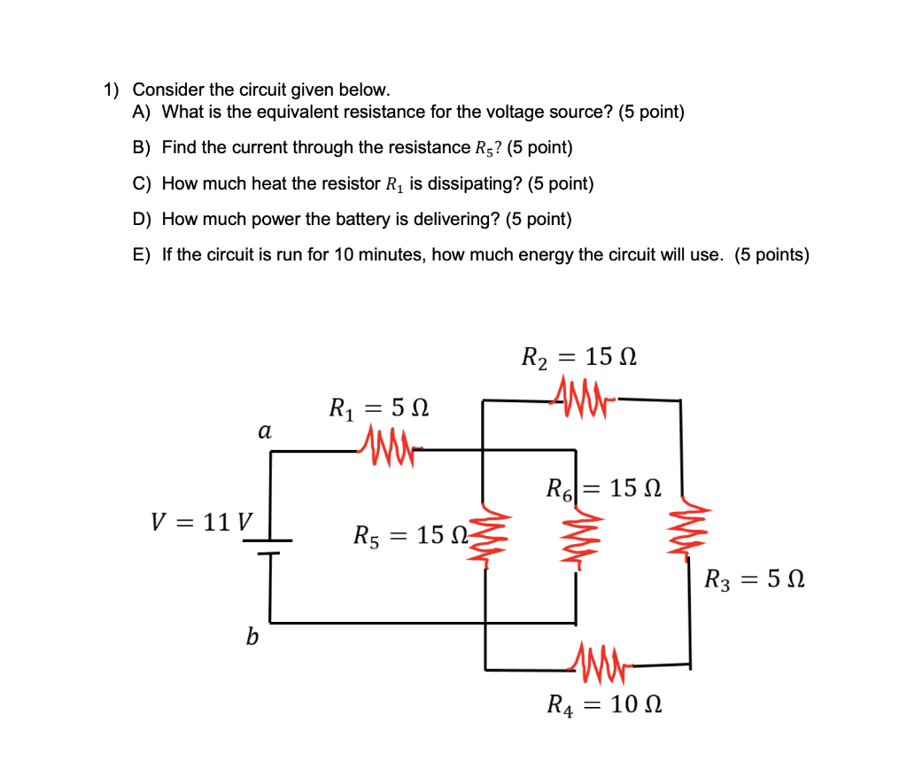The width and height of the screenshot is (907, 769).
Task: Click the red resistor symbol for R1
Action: pyautogui.click(x=388, y=440)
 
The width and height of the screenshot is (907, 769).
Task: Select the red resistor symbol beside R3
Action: pyautogui.click(x=688, y=532)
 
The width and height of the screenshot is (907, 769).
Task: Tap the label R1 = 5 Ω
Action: pyautogui.click(x=379, y=408)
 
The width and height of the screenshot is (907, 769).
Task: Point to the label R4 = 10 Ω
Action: pyautogui.click(x=605, y=705)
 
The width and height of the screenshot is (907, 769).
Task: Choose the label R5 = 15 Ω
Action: pyautogui.click(x=410, y=535)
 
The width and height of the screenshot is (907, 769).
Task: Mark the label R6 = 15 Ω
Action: pyautogui.click(x=603, y=488)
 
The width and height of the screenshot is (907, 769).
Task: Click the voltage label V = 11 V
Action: pyautogui.click(x=202, y=521)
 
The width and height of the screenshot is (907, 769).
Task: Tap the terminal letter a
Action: pyautogui.click(x=263, y=432)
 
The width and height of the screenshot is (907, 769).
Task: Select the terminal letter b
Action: pyautogui.click(x=252, y=636)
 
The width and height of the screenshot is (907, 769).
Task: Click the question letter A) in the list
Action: pyautogui.click(x=142, y=113)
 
